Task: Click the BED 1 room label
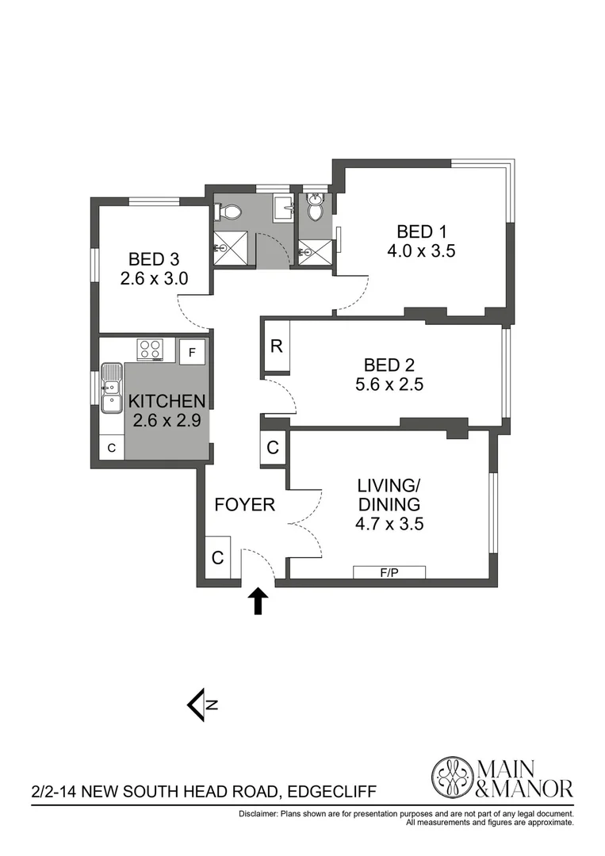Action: (x=422, y=232)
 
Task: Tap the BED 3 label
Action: (x=154, y=259)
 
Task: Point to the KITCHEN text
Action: (x=167, y=401)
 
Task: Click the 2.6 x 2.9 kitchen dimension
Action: (x=167, y=420)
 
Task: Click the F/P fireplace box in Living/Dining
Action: (x=389, y=572)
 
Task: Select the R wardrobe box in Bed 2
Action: (x=276, y=346)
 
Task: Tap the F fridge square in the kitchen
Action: (x=192, y=350)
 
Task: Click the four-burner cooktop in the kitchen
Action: (x=150, y=350)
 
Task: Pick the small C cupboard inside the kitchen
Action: (x=112, y=448)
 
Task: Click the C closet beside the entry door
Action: (x=217, y=557)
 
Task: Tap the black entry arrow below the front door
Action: (x=257, y=602)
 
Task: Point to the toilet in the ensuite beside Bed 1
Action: (x=315, y=209)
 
